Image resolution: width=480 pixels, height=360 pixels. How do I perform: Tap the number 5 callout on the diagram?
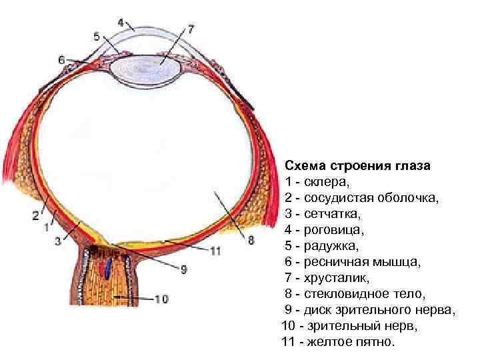[97, 36]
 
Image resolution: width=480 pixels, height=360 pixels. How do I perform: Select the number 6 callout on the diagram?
[62, 60]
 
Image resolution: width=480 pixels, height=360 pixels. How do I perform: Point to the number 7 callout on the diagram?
[191, 29]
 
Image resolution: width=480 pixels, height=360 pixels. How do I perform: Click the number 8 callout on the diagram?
[251, 241]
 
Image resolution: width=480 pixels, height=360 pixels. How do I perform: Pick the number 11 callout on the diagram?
[215, 251]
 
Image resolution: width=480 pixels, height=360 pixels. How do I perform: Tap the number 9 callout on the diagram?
[185, 269]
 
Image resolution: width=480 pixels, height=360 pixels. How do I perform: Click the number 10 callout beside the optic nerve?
[161, 299]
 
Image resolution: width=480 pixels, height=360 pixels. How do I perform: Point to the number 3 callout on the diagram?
[58, 241]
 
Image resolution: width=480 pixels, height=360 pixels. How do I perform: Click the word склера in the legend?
[326, 182]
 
